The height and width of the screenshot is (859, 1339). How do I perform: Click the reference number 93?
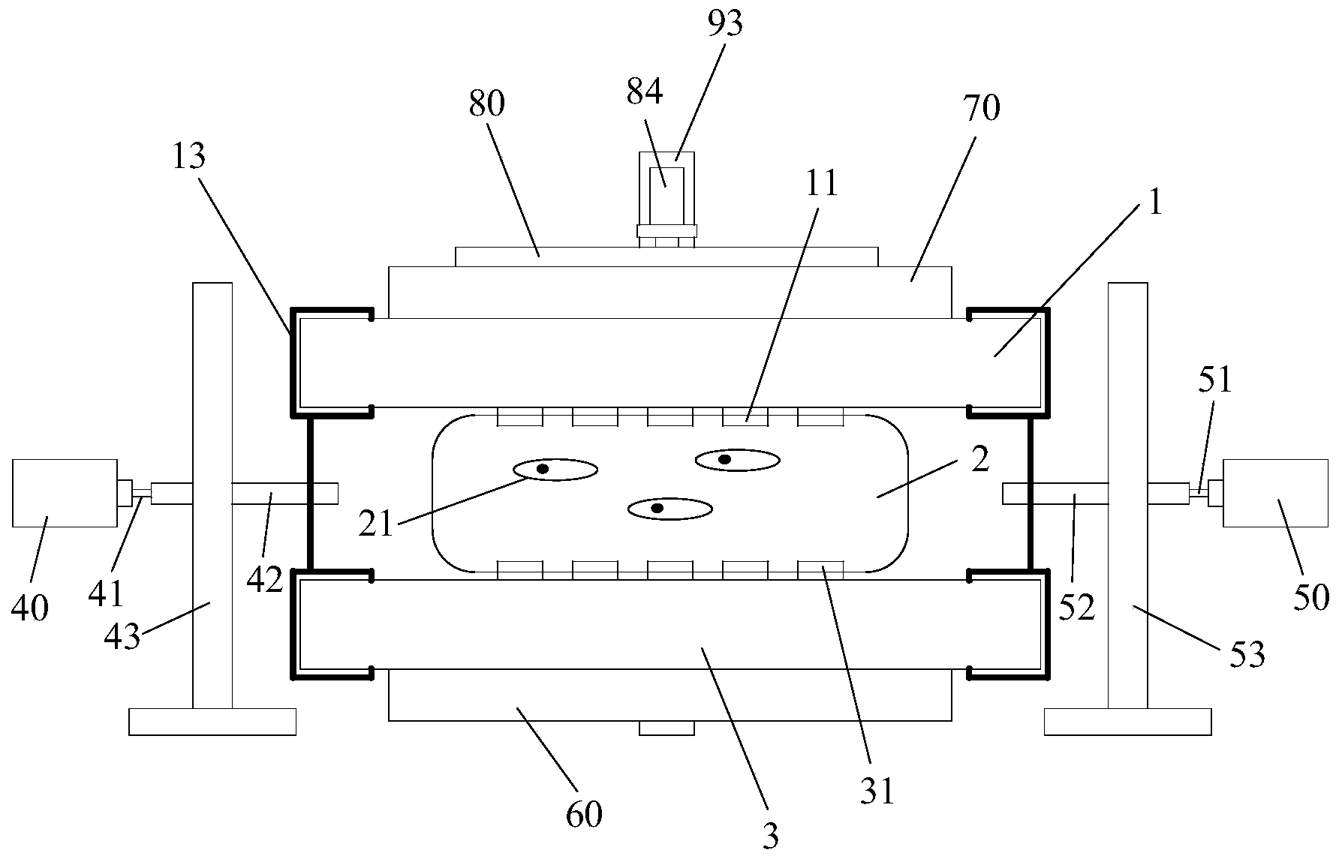pos(724,23)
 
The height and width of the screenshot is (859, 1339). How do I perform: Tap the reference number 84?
pos(644,93)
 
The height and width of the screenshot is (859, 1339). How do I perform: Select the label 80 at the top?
pos(486,104)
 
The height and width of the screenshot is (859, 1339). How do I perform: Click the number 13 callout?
pos(188,157)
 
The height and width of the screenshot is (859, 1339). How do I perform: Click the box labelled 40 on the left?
pos(65,493)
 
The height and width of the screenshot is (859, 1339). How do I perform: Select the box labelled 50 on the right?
pos(1274,493)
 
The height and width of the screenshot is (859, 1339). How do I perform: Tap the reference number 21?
pos(375,524)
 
